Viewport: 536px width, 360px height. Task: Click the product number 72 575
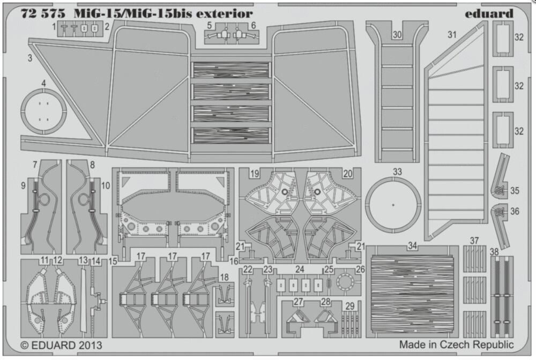point(40,13)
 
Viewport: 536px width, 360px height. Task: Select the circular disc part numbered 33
point(392,205)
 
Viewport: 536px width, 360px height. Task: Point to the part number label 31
point(452,35)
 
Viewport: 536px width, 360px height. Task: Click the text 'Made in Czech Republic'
point(456,345)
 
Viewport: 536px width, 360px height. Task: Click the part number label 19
point(254,173)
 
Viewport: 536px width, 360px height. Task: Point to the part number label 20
point(347,173)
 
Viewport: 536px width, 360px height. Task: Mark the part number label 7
point(34,164)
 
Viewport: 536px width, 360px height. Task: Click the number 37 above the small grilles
point(474,240)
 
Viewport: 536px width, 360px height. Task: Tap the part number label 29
point(349,306)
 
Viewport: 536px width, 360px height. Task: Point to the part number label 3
point(31,57)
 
